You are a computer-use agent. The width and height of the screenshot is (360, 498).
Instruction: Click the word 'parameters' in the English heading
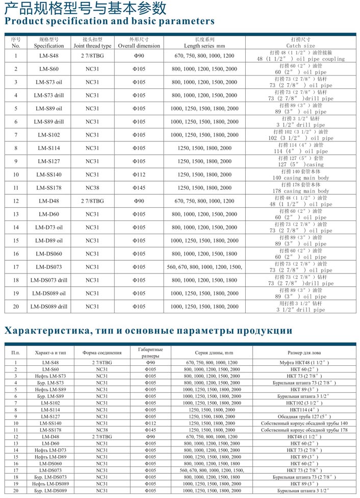tap(186, 21)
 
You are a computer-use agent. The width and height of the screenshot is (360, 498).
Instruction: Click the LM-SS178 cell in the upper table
tap(49, 188)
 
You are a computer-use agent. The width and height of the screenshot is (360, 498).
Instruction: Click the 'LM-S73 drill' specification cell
tap(49, 95)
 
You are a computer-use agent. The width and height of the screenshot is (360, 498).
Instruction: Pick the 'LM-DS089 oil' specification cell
tap(49, 293)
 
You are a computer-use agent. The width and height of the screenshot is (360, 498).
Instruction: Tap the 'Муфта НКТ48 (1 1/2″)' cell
tap(304, 362)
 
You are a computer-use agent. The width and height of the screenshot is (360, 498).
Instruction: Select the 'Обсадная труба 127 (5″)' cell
tap(304, 416)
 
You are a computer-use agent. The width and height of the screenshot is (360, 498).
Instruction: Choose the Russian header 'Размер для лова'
tap(304, 353)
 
